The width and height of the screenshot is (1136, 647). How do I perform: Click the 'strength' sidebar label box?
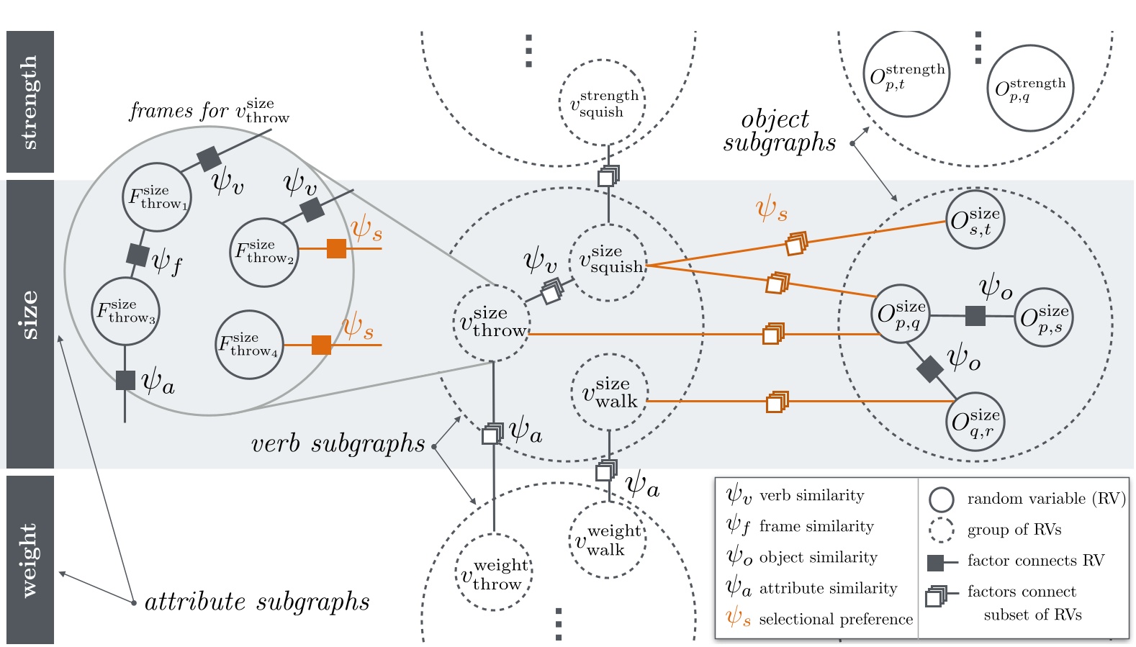point(30,101)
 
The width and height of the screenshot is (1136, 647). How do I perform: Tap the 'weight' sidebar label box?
point(30,559)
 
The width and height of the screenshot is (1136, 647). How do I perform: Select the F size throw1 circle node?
point(156,197)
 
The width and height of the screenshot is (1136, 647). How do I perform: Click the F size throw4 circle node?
point(249,345)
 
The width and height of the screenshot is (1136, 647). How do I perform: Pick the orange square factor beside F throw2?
point(336,248)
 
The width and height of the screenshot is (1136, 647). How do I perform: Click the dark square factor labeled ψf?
point(138,255)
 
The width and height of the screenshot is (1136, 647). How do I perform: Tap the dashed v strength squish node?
point(602,103)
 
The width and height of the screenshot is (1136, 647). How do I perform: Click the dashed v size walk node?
point(609,393)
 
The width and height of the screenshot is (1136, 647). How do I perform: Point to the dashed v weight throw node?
point(494,573)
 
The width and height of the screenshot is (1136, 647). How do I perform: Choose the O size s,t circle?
point(975,220)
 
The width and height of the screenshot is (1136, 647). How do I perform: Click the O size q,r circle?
point(975,422)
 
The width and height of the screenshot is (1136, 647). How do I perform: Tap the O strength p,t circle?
point(906,74)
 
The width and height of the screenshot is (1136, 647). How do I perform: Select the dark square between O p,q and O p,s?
point(975,315)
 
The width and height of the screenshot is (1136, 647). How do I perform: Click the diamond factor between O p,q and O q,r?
point(929,368)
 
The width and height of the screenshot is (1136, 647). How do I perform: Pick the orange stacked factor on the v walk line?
point(776,402)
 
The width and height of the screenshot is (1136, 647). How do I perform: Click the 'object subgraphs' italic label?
point(779,131)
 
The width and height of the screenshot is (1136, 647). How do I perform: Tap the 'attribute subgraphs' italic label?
point(257,602)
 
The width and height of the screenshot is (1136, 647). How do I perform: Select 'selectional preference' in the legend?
point(835,619)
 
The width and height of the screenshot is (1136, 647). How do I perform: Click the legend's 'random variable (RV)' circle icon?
point(941,499)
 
